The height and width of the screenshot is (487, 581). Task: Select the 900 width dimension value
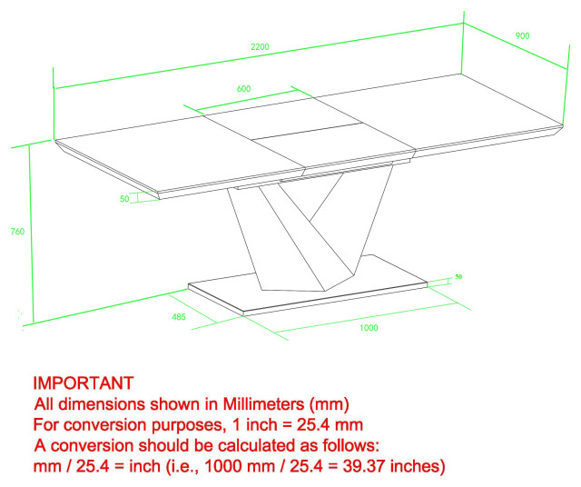(x=522, y=35)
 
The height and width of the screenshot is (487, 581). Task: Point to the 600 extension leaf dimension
(x=243, y=89)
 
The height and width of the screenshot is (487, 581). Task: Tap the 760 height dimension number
(x=16, y=232)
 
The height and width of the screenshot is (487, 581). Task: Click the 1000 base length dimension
(x=369, y=328)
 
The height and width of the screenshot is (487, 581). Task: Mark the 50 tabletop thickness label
(x=124, y=199)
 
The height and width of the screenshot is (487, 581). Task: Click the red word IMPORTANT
(x=84, y=383)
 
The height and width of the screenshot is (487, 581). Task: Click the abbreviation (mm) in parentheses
(x=329, y=403)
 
